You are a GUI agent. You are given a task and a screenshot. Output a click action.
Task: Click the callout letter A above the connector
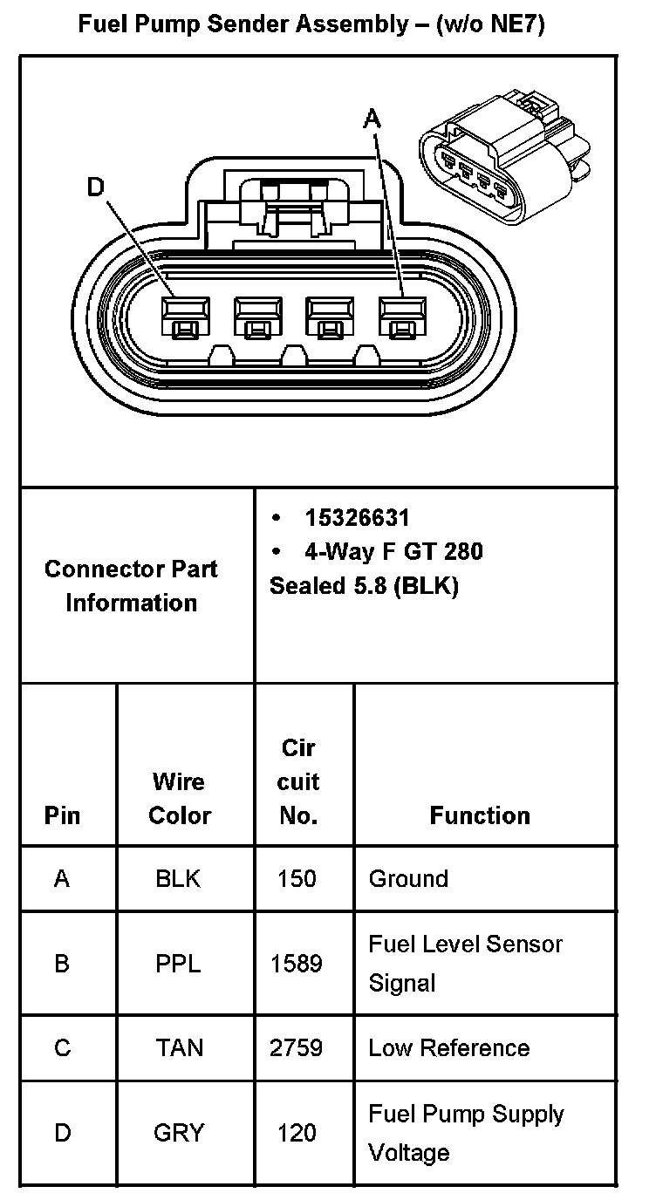[x=372, y=118]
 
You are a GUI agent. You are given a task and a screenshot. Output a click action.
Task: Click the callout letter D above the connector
[x=96, y=187]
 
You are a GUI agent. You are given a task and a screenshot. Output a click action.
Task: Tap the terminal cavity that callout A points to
[x=401, y=316]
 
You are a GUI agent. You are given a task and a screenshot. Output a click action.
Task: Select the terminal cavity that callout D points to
[x=186, y=316]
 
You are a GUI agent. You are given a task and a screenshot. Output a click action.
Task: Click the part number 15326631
[x=357, y=518]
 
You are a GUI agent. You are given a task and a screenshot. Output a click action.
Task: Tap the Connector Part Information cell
[x=131, y=585]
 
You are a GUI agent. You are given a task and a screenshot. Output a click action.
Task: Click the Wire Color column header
[x=179, y=798]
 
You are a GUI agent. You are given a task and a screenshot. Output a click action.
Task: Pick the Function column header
[x=480, y=815]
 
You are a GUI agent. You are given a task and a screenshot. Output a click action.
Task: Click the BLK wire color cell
[x=178, y=878]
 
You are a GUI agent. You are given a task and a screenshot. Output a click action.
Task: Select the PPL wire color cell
[x=178, y=964]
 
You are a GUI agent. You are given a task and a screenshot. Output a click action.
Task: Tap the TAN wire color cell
[x=179, y=1047]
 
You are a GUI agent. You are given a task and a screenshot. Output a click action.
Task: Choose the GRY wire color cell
[x=179, y=1133]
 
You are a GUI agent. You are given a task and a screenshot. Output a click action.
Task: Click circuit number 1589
[x=297, y=964]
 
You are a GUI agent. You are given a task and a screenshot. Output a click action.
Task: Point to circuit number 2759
[x=297, y=1047]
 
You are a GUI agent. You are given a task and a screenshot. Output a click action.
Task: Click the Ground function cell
[x=408, y=878]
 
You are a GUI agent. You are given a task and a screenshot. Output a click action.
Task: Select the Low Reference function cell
[x=448, y=1047]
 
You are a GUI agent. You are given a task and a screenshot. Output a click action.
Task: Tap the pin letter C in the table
[x=62, y=1047]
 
